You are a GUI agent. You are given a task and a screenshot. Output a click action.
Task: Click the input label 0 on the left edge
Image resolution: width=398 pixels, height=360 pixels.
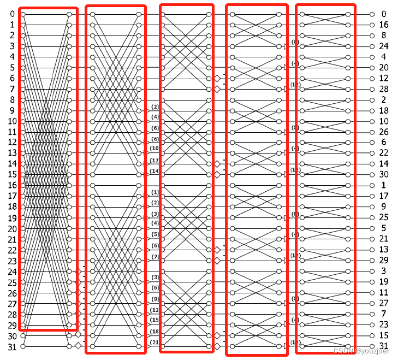coord(12,14)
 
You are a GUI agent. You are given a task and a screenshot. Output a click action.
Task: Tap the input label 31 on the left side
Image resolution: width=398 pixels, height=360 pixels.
coord(12,347)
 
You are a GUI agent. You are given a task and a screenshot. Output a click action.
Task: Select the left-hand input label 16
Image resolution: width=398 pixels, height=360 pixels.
coord(12,186)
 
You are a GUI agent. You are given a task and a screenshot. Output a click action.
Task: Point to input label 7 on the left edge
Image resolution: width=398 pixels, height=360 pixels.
coord(12,89)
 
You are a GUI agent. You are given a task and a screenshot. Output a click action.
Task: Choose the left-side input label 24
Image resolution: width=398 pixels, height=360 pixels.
coord(12,272)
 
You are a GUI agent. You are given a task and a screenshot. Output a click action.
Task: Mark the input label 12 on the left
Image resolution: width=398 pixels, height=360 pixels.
coord(12,143)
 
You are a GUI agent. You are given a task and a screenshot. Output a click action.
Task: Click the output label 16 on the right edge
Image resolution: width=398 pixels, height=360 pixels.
coord(384,25)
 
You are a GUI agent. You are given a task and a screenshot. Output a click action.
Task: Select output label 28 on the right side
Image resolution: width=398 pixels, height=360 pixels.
coord(384,89)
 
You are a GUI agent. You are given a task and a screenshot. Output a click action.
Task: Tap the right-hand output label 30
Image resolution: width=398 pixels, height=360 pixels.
coord(384,175)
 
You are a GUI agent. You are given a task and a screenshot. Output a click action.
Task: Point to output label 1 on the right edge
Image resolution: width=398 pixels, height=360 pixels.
coord(384,186)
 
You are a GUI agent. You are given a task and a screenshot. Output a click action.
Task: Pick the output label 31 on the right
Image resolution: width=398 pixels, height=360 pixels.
coord(384,346)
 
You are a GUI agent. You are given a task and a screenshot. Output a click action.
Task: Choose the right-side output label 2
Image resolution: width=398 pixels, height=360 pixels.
coord(384,100)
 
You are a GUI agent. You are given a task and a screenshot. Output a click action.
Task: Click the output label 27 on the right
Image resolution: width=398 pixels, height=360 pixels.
coord(384,303)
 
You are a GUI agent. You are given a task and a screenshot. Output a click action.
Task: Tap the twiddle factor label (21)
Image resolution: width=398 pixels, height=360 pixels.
coord(155,343)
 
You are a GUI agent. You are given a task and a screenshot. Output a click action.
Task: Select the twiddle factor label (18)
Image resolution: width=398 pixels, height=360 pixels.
coord(155,332)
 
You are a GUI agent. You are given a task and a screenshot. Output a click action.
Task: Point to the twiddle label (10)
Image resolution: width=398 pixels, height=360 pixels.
coord(155,149)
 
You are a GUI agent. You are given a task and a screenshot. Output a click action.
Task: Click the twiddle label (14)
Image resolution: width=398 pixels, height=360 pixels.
coord(155,172)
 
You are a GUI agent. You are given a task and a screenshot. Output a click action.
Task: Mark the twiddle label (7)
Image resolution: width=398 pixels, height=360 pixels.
coord(155,257)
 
